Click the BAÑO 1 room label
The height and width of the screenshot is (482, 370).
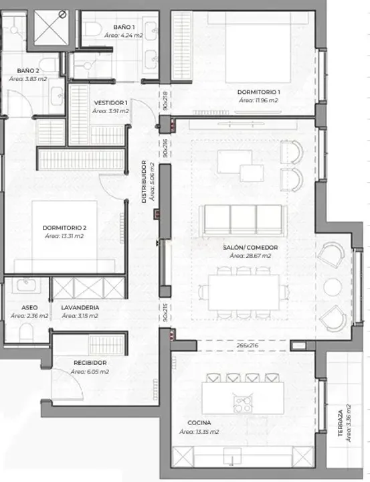click(x=124, y=27)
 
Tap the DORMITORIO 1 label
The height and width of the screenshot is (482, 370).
click(x=259, y=92)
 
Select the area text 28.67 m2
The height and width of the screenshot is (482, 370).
click(x=250, y=256)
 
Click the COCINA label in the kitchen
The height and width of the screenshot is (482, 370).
click(x=199, y=423)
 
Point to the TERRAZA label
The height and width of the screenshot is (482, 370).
click(x=341, y=423)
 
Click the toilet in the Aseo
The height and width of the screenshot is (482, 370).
click(x=26, y=333)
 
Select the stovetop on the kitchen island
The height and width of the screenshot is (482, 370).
click(x=243, y=404)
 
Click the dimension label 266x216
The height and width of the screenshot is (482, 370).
click(x=248, y=345)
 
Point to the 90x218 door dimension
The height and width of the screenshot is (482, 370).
click(x=165, y=100)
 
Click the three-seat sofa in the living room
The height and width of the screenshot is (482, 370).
click(x=243, y=220)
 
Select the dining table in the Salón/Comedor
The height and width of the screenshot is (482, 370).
click(x=244, y=293)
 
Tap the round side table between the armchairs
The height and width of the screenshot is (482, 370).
click(x=333, y=287)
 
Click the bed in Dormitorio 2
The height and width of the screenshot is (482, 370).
click(x=64, y=237)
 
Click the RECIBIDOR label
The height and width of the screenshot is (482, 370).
click(x=90, y=363)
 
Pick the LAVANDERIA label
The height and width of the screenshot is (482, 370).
click(x=80, y=308)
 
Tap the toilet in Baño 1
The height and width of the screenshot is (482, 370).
click(x=92, y=29)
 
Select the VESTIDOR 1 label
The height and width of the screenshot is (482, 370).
click(x=110, y=103)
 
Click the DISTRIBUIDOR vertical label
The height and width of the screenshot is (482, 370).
click(x=144, y=181)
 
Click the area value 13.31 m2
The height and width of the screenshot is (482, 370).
click(x=64, y=236)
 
